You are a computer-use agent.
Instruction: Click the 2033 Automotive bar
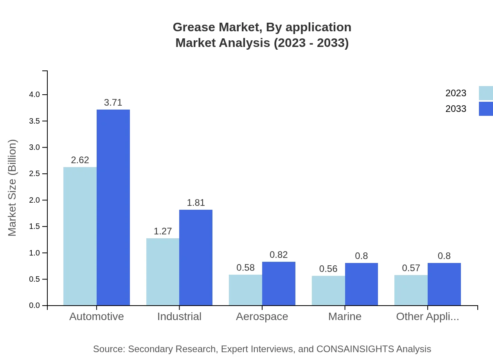(113, 207)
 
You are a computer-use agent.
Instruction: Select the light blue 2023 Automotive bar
(80, 236)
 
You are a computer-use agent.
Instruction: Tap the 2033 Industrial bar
(196, 257)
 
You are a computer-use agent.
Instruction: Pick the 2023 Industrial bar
(163, 272)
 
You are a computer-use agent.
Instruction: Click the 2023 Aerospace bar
(245, 290)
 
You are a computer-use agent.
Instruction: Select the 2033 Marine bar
(362, 284)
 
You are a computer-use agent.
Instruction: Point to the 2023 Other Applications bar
(411, 290)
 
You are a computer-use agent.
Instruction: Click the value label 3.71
(113, 103)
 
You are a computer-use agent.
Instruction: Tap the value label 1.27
(163, 231)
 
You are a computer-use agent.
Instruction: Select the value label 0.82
(279, 255)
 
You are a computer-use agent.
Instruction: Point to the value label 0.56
(328, 269)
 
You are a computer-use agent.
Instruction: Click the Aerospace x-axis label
(262, 316)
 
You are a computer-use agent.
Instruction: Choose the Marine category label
(345, 316)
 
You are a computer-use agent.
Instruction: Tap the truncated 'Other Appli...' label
(427, 316)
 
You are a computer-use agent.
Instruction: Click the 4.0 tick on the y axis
(34, 95)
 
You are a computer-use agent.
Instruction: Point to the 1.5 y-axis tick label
(34, 227)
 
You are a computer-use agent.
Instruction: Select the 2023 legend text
(456, 93)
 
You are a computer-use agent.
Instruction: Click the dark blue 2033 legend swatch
(486, 109)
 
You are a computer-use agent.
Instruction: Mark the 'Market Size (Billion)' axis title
(13, 188)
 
